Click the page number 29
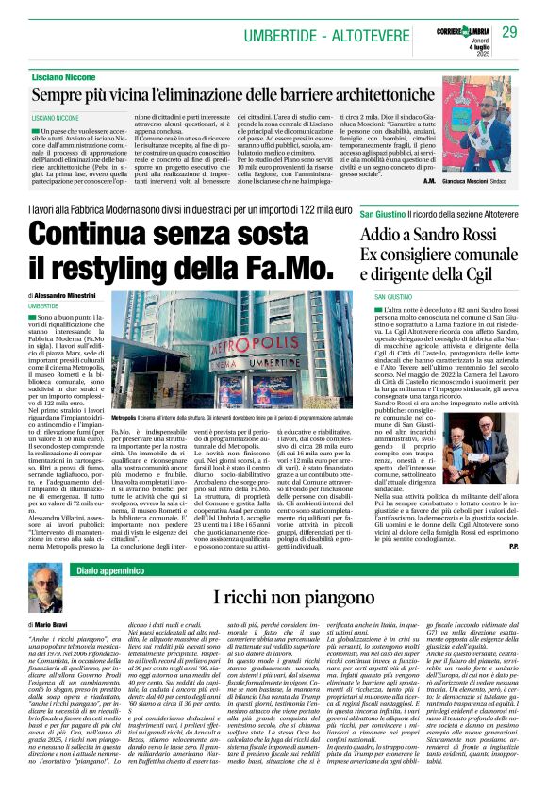(510, 33)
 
